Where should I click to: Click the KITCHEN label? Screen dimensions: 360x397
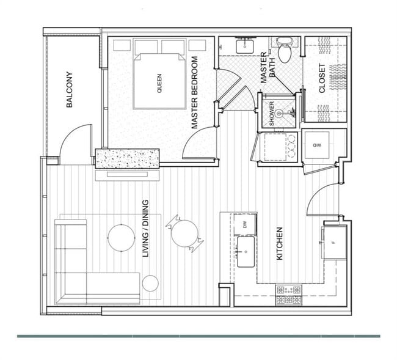(280, 243)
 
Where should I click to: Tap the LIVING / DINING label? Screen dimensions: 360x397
(146, 228)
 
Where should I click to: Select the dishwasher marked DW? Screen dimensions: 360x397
(245, 224)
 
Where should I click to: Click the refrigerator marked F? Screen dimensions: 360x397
(335, 242)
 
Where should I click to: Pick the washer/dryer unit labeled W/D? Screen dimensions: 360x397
(317, 145)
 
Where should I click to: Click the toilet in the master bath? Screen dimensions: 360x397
(285, 50)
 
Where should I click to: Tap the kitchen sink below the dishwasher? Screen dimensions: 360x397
(246, 252)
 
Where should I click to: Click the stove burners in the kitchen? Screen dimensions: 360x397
(288, 295)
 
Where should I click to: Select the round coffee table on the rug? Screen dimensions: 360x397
(121, 238)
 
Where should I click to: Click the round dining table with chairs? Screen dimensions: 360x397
(184, 233)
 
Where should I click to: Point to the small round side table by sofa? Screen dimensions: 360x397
(150, 283)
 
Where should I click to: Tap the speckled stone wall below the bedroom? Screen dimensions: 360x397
(127, 158)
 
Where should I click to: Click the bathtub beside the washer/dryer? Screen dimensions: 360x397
(278, 147)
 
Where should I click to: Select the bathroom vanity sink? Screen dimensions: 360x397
(246, 45)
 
